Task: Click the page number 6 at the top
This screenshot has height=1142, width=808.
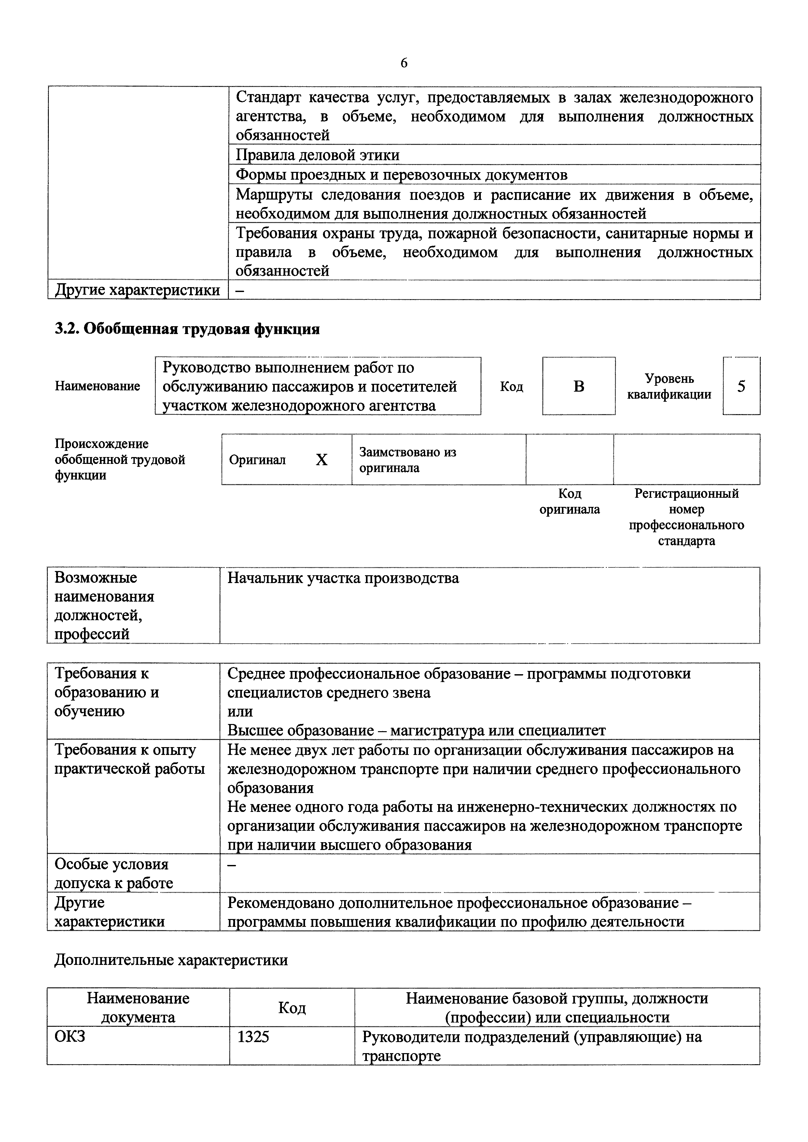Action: [403, 63]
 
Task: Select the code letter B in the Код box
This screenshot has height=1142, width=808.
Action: [578, 386]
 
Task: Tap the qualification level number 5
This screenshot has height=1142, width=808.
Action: [741, 386]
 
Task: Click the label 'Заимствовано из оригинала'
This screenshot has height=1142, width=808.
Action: [408, 460]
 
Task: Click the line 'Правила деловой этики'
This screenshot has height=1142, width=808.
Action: [317, 155]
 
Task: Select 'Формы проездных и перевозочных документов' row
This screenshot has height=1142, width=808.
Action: [401, 175]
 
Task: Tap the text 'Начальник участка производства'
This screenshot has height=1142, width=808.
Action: [343, 578]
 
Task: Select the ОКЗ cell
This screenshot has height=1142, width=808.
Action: [70, 1037]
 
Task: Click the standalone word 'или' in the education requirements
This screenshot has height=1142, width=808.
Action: [240, 712]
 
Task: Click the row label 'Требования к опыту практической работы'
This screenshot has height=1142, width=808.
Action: [129, 759]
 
